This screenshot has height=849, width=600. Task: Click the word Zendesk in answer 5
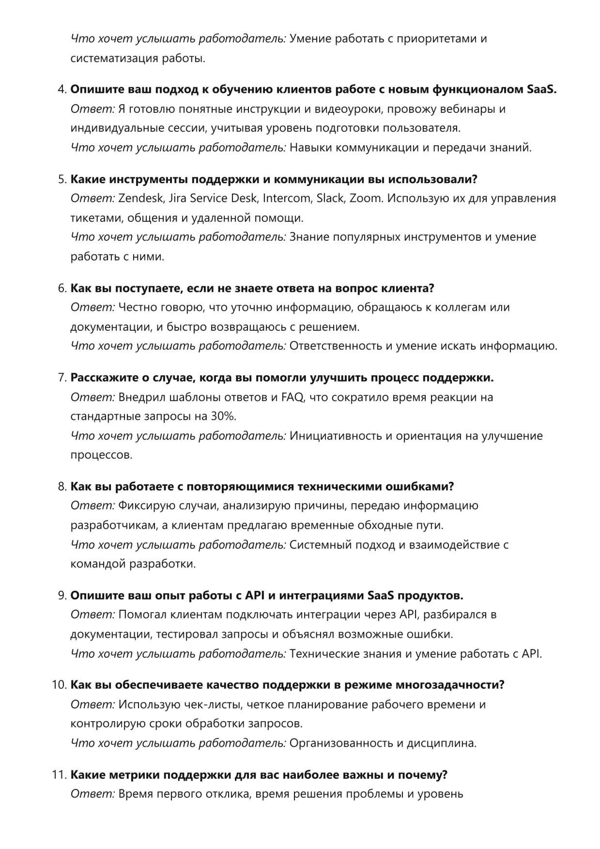click(x=141, y=199)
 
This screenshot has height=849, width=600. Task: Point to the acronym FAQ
click(x=293, y=397)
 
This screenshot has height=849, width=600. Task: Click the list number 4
click(x=62, y=90)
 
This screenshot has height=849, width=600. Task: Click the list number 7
click(x=62, y=378)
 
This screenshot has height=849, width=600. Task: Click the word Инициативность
click(x=336, y=436)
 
